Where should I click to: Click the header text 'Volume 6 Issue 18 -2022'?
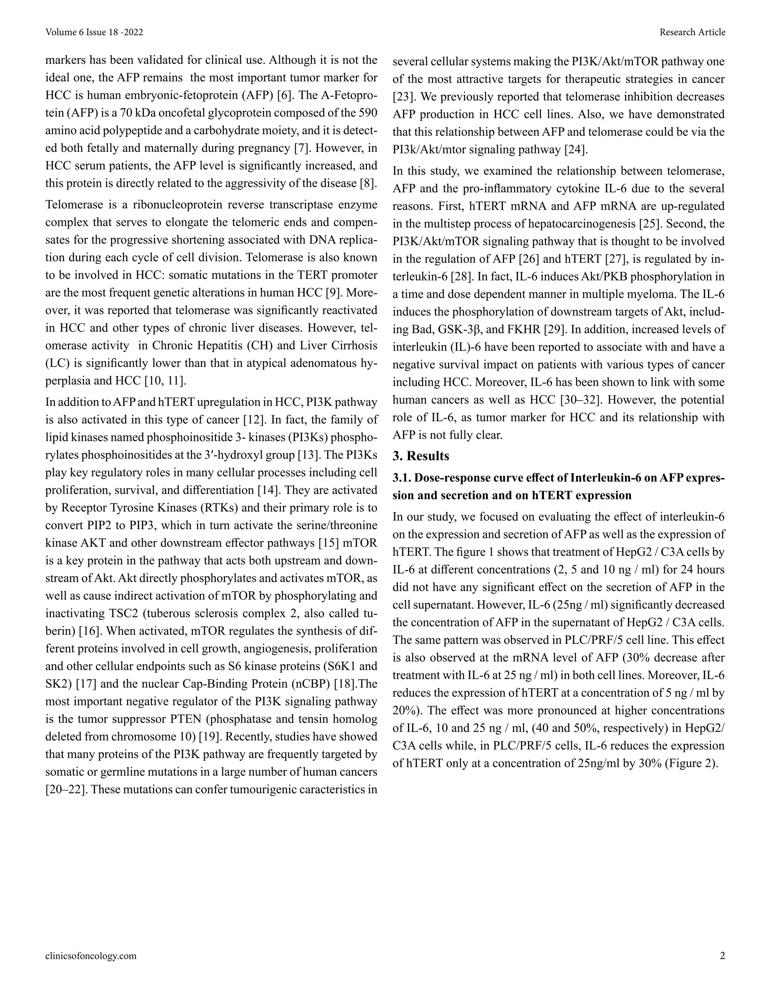point(94,32)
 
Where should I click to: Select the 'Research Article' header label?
point(692,32)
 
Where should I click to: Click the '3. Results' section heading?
point(421,456)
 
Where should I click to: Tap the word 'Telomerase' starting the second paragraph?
point(74,205)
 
